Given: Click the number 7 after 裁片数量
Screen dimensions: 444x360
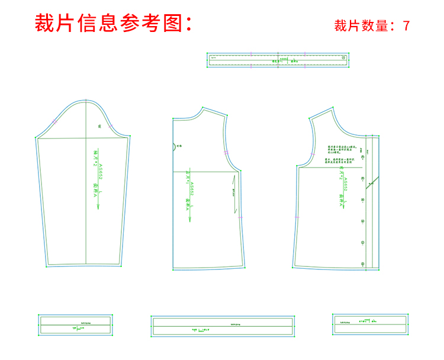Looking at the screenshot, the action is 406,26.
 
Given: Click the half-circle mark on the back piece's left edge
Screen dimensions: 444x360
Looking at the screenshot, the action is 173,145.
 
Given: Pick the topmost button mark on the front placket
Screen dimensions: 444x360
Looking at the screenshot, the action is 362,156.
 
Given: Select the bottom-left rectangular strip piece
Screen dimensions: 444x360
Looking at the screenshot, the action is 75,324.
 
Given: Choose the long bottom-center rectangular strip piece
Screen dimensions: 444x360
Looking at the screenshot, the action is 223,326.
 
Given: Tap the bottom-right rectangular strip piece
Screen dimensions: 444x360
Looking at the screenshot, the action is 370,323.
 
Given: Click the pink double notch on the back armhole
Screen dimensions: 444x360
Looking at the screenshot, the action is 226,154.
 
